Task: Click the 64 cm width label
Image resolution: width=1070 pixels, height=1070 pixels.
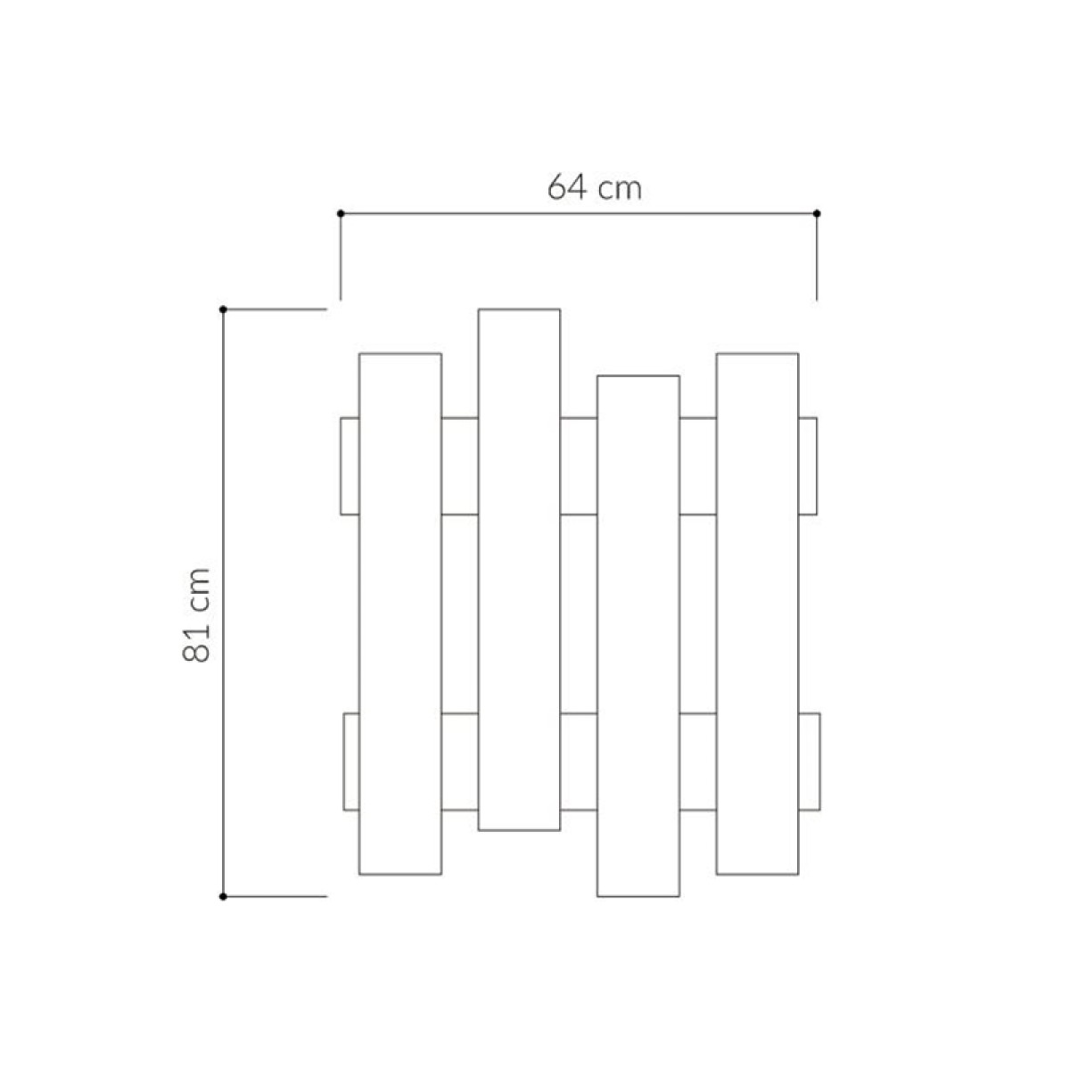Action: tap(594, 188)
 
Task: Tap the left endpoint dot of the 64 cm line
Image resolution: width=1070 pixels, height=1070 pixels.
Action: tap(341, 213)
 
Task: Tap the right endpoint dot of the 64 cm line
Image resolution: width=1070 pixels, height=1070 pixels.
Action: tap(817, 213)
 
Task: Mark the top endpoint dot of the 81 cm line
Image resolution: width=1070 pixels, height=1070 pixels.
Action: tap(223, 309)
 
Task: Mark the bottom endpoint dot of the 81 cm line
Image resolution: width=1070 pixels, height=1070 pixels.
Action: tap(223, 895)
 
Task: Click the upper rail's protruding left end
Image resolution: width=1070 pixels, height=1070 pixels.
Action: tap(350, 465)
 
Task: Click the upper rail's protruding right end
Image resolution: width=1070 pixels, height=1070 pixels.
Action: tap(808, 465)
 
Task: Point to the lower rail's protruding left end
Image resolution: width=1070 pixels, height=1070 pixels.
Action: tap(351, 761)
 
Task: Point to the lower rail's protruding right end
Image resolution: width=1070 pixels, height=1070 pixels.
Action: tap(809, 761)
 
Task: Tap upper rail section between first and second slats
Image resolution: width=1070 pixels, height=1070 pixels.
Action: tap(460, 465)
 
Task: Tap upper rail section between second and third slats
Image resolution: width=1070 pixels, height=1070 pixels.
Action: tap(579, 465)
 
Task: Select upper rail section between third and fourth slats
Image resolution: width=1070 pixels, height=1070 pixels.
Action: tap(698, 465)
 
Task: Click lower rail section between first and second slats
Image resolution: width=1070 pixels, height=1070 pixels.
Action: tap(460, 761)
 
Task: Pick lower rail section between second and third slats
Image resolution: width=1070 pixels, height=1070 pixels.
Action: tap(579, 761)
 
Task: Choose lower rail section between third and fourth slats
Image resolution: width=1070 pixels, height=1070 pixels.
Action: tap(698, 761)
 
